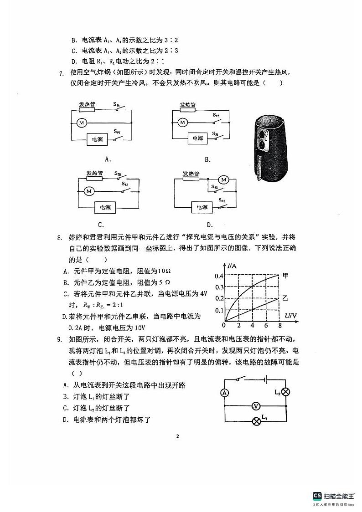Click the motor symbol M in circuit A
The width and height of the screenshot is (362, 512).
[x=82, y=123]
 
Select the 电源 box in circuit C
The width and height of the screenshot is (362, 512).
[x=105, y=207]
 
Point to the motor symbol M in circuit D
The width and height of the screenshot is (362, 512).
[x=223, y=180]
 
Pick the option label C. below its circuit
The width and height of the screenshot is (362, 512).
[x=101, y=224]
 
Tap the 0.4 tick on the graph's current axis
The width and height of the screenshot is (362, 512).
[x=219, y=276]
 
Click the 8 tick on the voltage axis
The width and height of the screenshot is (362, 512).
[x=279, y=326]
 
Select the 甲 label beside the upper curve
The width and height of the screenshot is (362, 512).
[x=286, y=275]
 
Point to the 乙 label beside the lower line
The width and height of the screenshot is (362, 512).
[x=285, y=298]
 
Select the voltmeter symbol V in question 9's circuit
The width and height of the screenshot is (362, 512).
[x=256, y=405]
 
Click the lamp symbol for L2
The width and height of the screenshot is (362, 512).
[x=286, y=392]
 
